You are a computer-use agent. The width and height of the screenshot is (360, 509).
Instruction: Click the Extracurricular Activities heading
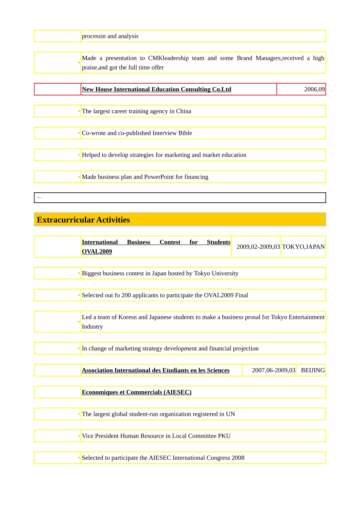point(83,220)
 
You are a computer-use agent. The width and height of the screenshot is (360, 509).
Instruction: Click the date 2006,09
point(314,89)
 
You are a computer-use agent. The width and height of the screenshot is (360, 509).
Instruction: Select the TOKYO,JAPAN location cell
point(303,247)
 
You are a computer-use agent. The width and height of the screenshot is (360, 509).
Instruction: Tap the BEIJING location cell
point(313,370)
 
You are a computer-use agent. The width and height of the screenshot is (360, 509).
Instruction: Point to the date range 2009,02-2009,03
point(258,247)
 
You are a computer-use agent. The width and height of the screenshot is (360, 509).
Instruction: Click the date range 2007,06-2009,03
point(273,370)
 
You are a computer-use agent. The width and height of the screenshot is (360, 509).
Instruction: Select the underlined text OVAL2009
point(97,251)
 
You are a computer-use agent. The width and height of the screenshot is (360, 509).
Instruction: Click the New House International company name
point(156,89)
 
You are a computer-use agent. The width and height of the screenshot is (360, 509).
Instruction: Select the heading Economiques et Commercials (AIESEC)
point(136,392)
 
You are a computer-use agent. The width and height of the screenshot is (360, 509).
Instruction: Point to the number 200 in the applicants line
point(126,295)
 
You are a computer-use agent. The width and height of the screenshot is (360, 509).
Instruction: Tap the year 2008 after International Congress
point(238,458)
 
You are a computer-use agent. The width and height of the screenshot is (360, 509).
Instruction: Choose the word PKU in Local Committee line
point(224,436)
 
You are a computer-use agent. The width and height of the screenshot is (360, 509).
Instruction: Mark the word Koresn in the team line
point(127,317)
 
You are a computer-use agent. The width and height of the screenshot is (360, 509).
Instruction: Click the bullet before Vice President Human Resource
point(79,436)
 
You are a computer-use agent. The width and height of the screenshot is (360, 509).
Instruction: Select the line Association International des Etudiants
point(155,370)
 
